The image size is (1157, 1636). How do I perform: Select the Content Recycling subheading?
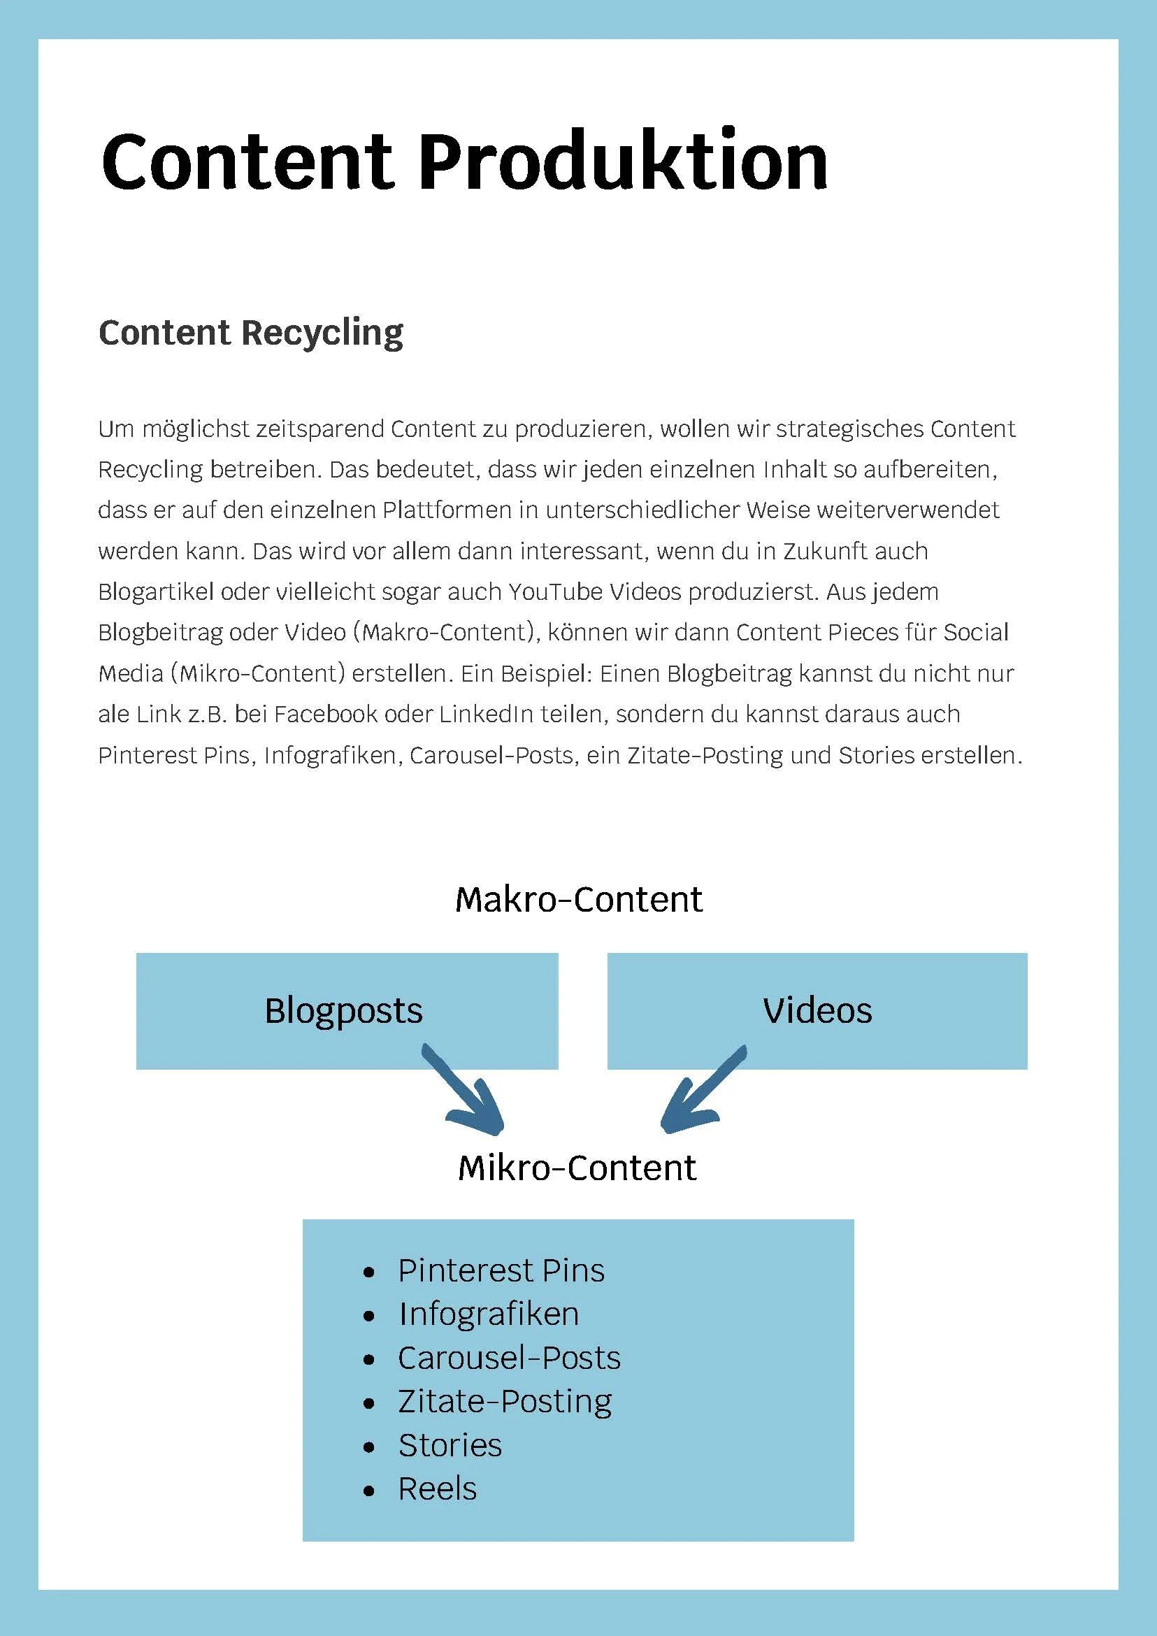(251, 333)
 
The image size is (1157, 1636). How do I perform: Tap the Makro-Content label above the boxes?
(579, 899)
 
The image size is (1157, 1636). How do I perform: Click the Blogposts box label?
(343, 1010)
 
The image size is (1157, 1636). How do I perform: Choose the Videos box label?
(817, 1010)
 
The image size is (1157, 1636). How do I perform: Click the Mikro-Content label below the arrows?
(577, 1168)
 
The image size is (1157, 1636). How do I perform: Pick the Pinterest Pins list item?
(501, 1271)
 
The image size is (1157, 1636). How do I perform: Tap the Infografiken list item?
(489, 1314)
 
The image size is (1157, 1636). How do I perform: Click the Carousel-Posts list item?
(509, 1358)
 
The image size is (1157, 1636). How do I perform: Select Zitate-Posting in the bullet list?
(505, 1402)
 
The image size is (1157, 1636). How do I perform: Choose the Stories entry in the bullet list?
(450, 1446)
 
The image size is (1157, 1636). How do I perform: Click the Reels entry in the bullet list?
(438, 1489)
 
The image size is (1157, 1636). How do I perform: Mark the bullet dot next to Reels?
(368, 1491)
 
